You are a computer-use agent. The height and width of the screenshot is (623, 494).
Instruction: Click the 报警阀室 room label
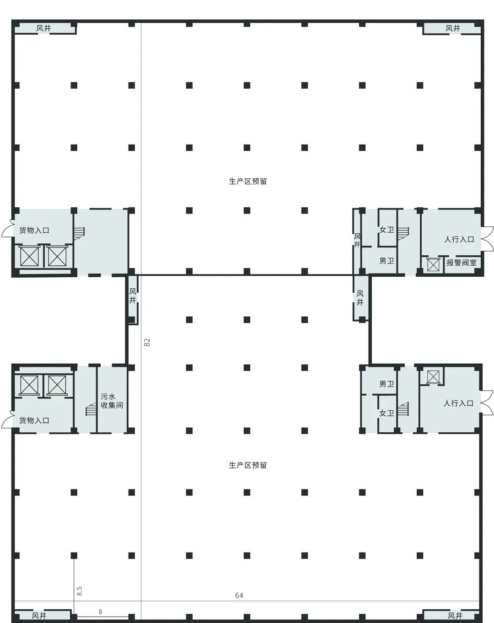[461, 263]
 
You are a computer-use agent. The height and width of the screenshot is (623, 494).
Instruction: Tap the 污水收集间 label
[112, 401]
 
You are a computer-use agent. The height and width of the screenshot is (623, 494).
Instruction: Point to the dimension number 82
[147, 342]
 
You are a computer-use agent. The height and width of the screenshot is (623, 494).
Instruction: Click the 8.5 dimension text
[80, 591]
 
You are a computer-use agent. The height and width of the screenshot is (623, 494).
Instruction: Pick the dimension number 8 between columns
[100, 612]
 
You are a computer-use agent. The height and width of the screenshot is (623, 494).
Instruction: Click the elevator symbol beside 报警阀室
[433, 264]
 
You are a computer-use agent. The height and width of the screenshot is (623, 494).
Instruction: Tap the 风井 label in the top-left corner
[44, 28]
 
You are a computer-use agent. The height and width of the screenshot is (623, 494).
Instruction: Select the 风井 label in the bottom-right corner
[455, 616]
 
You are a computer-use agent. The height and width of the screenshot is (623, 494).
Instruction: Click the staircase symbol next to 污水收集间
[91, 410]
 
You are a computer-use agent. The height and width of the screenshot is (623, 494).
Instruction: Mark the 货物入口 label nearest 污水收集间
[34, 420]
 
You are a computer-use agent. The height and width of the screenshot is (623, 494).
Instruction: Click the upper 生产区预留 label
[247, 181]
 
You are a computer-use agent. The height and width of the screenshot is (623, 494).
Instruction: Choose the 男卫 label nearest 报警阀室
[387, 261]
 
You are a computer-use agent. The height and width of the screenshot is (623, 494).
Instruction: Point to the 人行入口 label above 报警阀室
[459, 239]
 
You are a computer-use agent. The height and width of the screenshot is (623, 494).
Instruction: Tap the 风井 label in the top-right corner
[453, 28]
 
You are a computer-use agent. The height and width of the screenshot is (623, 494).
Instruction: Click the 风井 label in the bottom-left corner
[39, 616]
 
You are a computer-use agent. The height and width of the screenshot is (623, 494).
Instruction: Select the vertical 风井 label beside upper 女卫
[357, 241]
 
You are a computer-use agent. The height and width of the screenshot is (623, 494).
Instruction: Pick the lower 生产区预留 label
[247, 465]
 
